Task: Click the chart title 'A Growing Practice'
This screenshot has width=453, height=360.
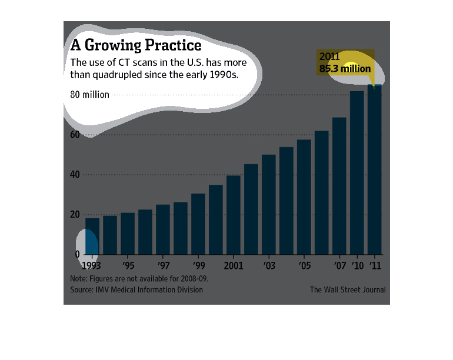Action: (136, 45)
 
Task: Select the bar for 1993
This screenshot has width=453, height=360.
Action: (92, 236)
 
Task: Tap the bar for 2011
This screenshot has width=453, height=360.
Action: (375, 169)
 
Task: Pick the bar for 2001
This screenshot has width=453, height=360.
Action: (234, 215)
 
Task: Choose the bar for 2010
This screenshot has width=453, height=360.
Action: (357, 173)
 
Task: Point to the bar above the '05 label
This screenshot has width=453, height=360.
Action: (304, 197)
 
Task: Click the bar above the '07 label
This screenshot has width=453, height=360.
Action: (339, 186)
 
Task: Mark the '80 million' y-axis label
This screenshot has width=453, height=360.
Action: (89, 95)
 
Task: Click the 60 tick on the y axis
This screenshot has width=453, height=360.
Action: (75, 134)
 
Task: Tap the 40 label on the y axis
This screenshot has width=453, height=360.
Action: (75, 174)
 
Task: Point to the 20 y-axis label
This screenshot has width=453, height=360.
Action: (75, 214)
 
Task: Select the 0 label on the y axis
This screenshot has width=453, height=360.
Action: (77, 254)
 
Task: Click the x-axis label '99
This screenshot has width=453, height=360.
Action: (199, 265)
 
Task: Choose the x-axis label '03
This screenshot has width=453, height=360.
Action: (269, 265)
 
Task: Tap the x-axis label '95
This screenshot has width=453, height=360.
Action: (128, 265)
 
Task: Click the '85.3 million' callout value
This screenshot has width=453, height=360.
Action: (345, 69)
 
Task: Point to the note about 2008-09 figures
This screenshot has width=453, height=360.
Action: (139, 278)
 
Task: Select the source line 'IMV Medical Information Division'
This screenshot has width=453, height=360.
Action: (149, 289)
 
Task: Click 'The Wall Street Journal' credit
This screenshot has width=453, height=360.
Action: (348, 289)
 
